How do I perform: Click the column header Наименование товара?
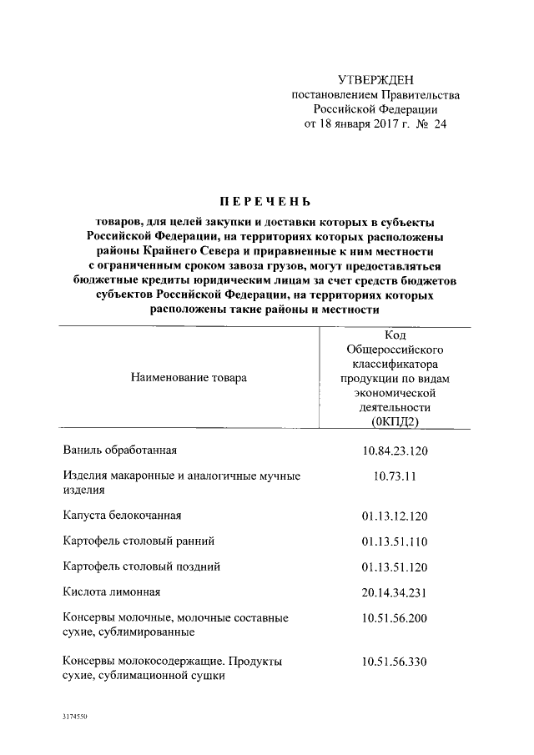coord(189,378)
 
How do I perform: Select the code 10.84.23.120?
coord(395,451)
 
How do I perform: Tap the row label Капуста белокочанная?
coord(122,515)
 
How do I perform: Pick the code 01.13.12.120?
coord(395,516)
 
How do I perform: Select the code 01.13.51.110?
coord(395,541)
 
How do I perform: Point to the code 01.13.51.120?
coord(395,567)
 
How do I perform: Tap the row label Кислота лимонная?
coord(111,592)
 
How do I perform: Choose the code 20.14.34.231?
coord(395,593)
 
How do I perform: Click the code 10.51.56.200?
coord(395,619)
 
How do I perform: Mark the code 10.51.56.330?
coord(395,662)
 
